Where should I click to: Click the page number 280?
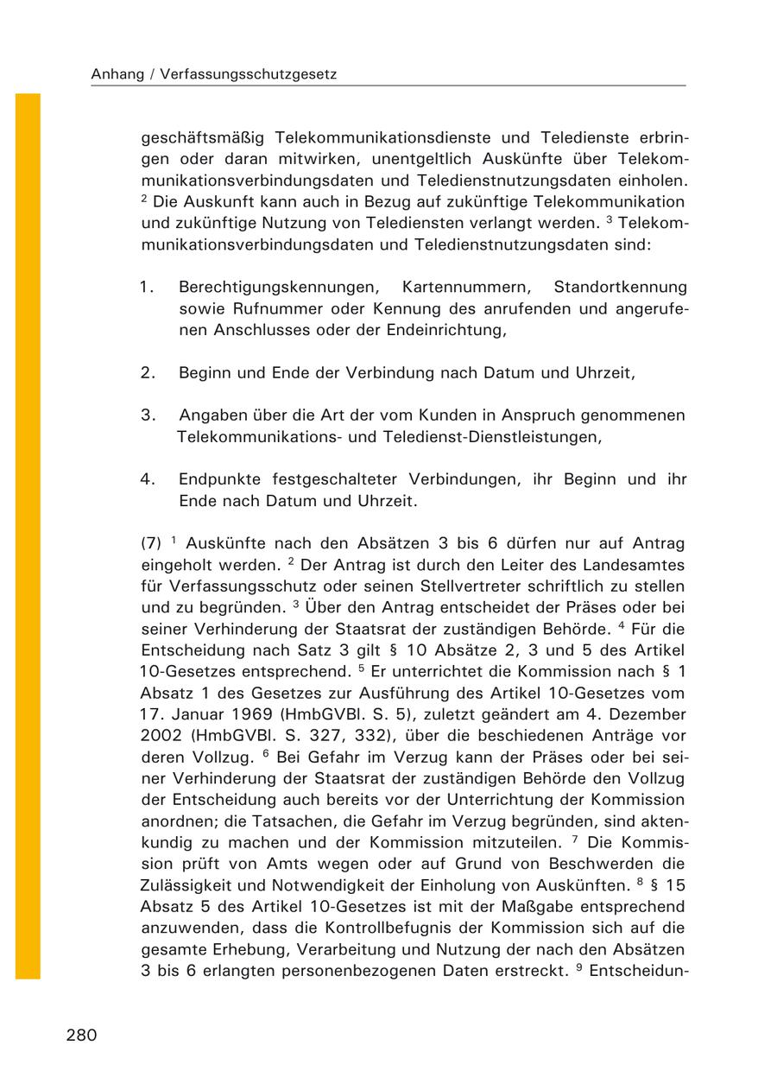click(x=81, y=1036)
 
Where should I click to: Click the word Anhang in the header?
click(x=116, y=75)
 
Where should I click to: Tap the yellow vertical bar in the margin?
click(x=28, y=535)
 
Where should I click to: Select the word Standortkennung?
click(x=620, y=287)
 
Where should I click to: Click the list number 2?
click(x=147, y=373)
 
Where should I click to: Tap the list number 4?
click(x=147, y=478)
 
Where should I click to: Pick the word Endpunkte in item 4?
click(x=216, y=478)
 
